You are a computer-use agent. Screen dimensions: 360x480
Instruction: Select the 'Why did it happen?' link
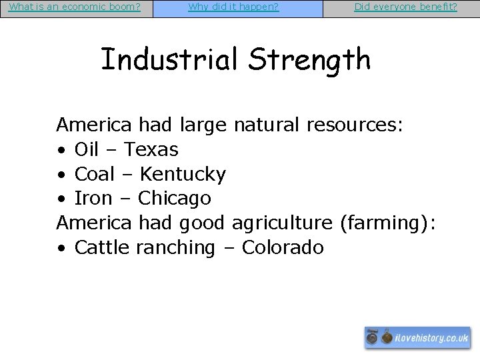(x=233, y=7)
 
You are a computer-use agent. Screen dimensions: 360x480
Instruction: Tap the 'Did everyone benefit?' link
(x=405, y=7)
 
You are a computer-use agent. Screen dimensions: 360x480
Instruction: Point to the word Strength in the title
(x=309, y=59)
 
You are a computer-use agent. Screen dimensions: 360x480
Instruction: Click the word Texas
(x=151, y=149)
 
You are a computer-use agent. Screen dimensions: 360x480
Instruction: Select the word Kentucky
(x=183, y=174)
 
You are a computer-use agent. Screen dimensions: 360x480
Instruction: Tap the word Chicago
(x=175, y=199)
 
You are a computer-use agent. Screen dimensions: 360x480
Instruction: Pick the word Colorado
(x=283, y=248)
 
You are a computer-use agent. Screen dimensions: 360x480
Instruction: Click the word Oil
(x=87, y=149)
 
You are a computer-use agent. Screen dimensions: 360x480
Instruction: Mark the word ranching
(x=175, y=248)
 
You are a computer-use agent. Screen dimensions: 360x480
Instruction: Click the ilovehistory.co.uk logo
(x=418, y=338)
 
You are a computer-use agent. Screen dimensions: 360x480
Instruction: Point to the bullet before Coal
(x=61, y=175)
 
